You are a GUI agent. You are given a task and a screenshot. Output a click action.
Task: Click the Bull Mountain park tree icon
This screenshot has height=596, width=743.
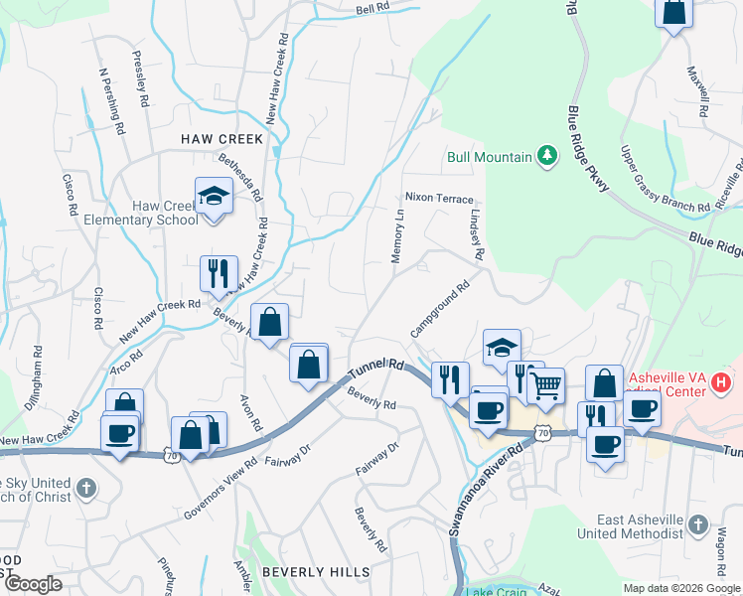point(546,156)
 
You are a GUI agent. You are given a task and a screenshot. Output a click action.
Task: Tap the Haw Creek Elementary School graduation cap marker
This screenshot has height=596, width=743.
point(214,196)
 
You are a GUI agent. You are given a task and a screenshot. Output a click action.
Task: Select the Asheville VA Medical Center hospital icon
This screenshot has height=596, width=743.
point(722,379)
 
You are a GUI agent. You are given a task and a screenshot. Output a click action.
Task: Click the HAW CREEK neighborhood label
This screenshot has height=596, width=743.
point(222,139)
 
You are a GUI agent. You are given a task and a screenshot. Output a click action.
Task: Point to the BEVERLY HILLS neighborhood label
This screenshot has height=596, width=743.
point(316,572)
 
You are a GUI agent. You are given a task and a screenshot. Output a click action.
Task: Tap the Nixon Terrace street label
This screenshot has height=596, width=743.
point(438,199)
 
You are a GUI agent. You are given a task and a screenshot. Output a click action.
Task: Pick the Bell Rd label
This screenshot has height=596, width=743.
point(371,9)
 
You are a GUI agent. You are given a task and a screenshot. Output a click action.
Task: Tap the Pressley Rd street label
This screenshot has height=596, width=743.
point(141,78)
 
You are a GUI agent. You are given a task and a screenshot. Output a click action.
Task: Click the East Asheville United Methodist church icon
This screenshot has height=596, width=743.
point(697,523)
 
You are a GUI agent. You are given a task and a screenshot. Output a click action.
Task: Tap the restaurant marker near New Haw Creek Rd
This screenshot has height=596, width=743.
point(218,273)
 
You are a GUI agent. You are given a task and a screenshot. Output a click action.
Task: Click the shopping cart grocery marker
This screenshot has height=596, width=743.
point(546,384)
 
